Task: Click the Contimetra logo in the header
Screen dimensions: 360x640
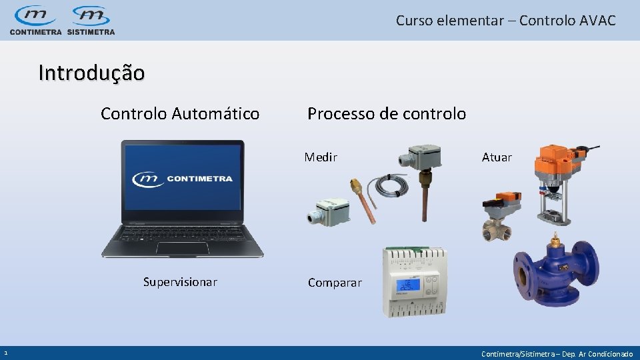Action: pyautogui.click(x=35, y=20)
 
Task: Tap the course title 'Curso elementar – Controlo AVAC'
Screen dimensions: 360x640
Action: pyautogui.click(x=505, y=20)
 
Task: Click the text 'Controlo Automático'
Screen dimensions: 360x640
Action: pyautogui.click(x=180, y=114)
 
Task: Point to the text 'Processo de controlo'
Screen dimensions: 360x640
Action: pyautogui.click(x=387, y=114)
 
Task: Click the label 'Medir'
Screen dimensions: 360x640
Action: pyautogui.click(x=321, y=157)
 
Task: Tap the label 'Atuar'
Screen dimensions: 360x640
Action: pyautogui.click(x=497, y=157)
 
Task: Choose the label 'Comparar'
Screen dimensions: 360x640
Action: pyautogui.click(x=335, y=283)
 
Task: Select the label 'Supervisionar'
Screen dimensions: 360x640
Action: pyautogui.click(x=180, y=282)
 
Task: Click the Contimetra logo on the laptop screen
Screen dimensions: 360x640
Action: pyautogui.click(x=182, y=179)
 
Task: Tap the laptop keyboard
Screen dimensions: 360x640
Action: pyautogui.click(x=182, y=235)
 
